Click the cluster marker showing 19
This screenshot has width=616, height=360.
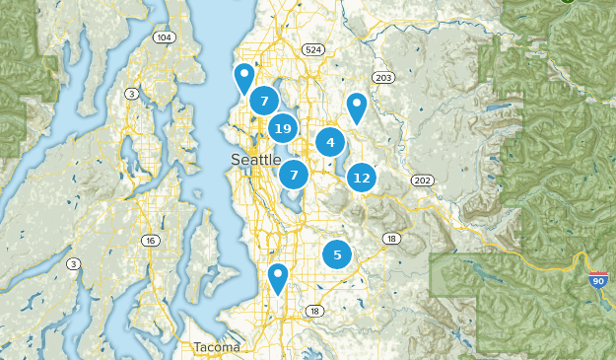283,128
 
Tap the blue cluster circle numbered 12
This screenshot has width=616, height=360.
362,178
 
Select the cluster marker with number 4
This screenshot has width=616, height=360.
330,143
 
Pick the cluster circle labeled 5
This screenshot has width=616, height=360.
337,254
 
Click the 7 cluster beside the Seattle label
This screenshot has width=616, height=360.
293,176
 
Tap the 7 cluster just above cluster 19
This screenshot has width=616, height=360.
263,101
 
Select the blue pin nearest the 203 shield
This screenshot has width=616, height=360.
357,107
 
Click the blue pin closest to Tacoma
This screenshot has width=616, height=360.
279,278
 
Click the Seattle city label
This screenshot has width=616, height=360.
256,160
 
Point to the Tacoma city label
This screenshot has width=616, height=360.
215,347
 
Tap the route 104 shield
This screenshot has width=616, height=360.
164,36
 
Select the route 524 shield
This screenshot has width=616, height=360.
313,48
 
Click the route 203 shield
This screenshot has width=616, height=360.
383,78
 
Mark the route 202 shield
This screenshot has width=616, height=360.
422,180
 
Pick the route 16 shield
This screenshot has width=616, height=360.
150,240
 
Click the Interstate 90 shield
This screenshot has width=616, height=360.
597,281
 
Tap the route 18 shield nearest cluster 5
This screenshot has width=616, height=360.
391,239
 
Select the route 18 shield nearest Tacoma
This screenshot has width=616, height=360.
314,311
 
